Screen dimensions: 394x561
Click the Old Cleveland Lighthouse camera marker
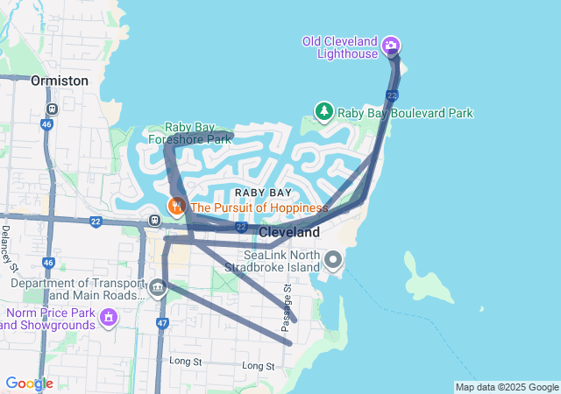pos(392,46)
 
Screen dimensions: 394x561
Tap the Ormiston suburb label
pos(60,81)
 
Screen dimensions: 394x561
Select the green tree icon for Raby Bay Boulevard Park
pos(324,112)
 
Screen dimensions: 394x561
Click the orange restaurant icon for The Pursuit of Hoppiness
pos(176,207)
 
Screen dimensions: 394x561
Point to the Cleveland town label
pos(288,233)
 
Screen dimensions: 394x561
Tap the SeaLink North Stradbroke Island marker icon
pos(333,259)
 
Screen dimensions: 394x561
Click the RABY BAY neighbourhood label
pos(263,193)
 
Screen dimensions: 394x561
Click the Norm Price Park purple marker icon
pos(109,315)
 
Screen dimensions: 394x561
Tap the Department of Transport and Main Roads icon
pos(158,286)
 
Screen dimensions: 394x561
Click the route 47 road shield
pos(161,323)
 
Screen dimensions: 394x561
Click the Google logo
pos(29,383)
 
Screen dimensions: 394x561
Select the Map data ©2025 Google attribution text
pos(507,387)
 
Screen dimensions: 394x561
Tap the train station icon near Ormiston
pos(53,109)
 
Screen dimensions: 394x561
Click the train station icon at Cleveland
pos(153,221)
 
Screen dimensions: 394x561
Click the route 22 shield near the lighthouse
pos(392,95)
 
